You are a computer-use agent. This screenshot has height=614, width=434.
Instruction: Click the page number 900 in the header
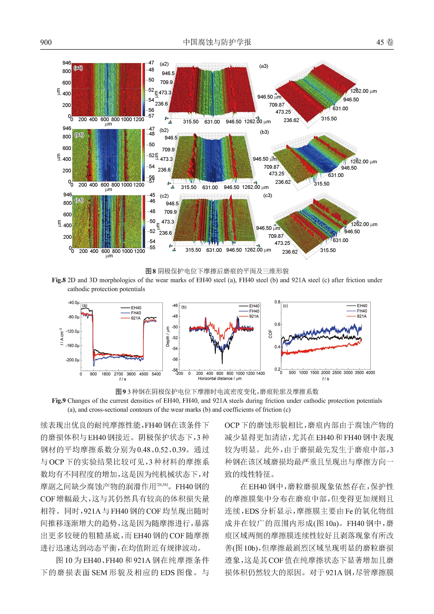(46, 42)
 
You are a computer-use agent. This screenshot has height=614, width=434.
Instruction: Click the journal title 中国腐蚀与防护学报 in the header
(217, 42)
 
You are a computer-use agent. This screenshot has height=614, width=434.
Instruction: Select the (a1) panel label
(79, 68)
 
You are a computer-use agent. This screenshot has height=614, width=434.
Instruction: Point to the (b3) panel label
(264, 132)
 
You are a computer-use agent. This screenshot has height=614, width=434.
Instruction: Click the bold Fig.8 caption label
(59, 280)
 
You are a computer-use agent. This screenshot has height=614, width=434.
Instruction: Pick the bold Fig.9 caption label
(59, 401)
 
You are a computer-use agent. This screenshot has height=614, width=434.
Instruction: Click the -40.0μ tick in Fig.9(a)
(73, 303)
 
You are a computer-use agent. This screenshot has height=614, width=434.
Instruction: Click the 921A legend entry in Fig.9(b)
(254, 316)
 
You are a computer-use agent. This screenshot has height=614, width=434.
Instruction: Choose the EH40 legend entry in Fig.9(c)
(362, 306)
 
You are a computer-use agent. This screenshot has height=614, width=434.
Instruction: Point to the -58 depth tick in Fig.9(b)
(175, 370)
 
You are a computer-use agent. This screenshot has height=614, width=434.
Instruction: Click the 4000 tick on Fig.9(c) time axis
(370, 372)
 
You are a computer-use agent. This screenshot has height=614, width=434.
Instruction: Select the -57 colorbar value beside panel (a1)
(151, 116)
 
